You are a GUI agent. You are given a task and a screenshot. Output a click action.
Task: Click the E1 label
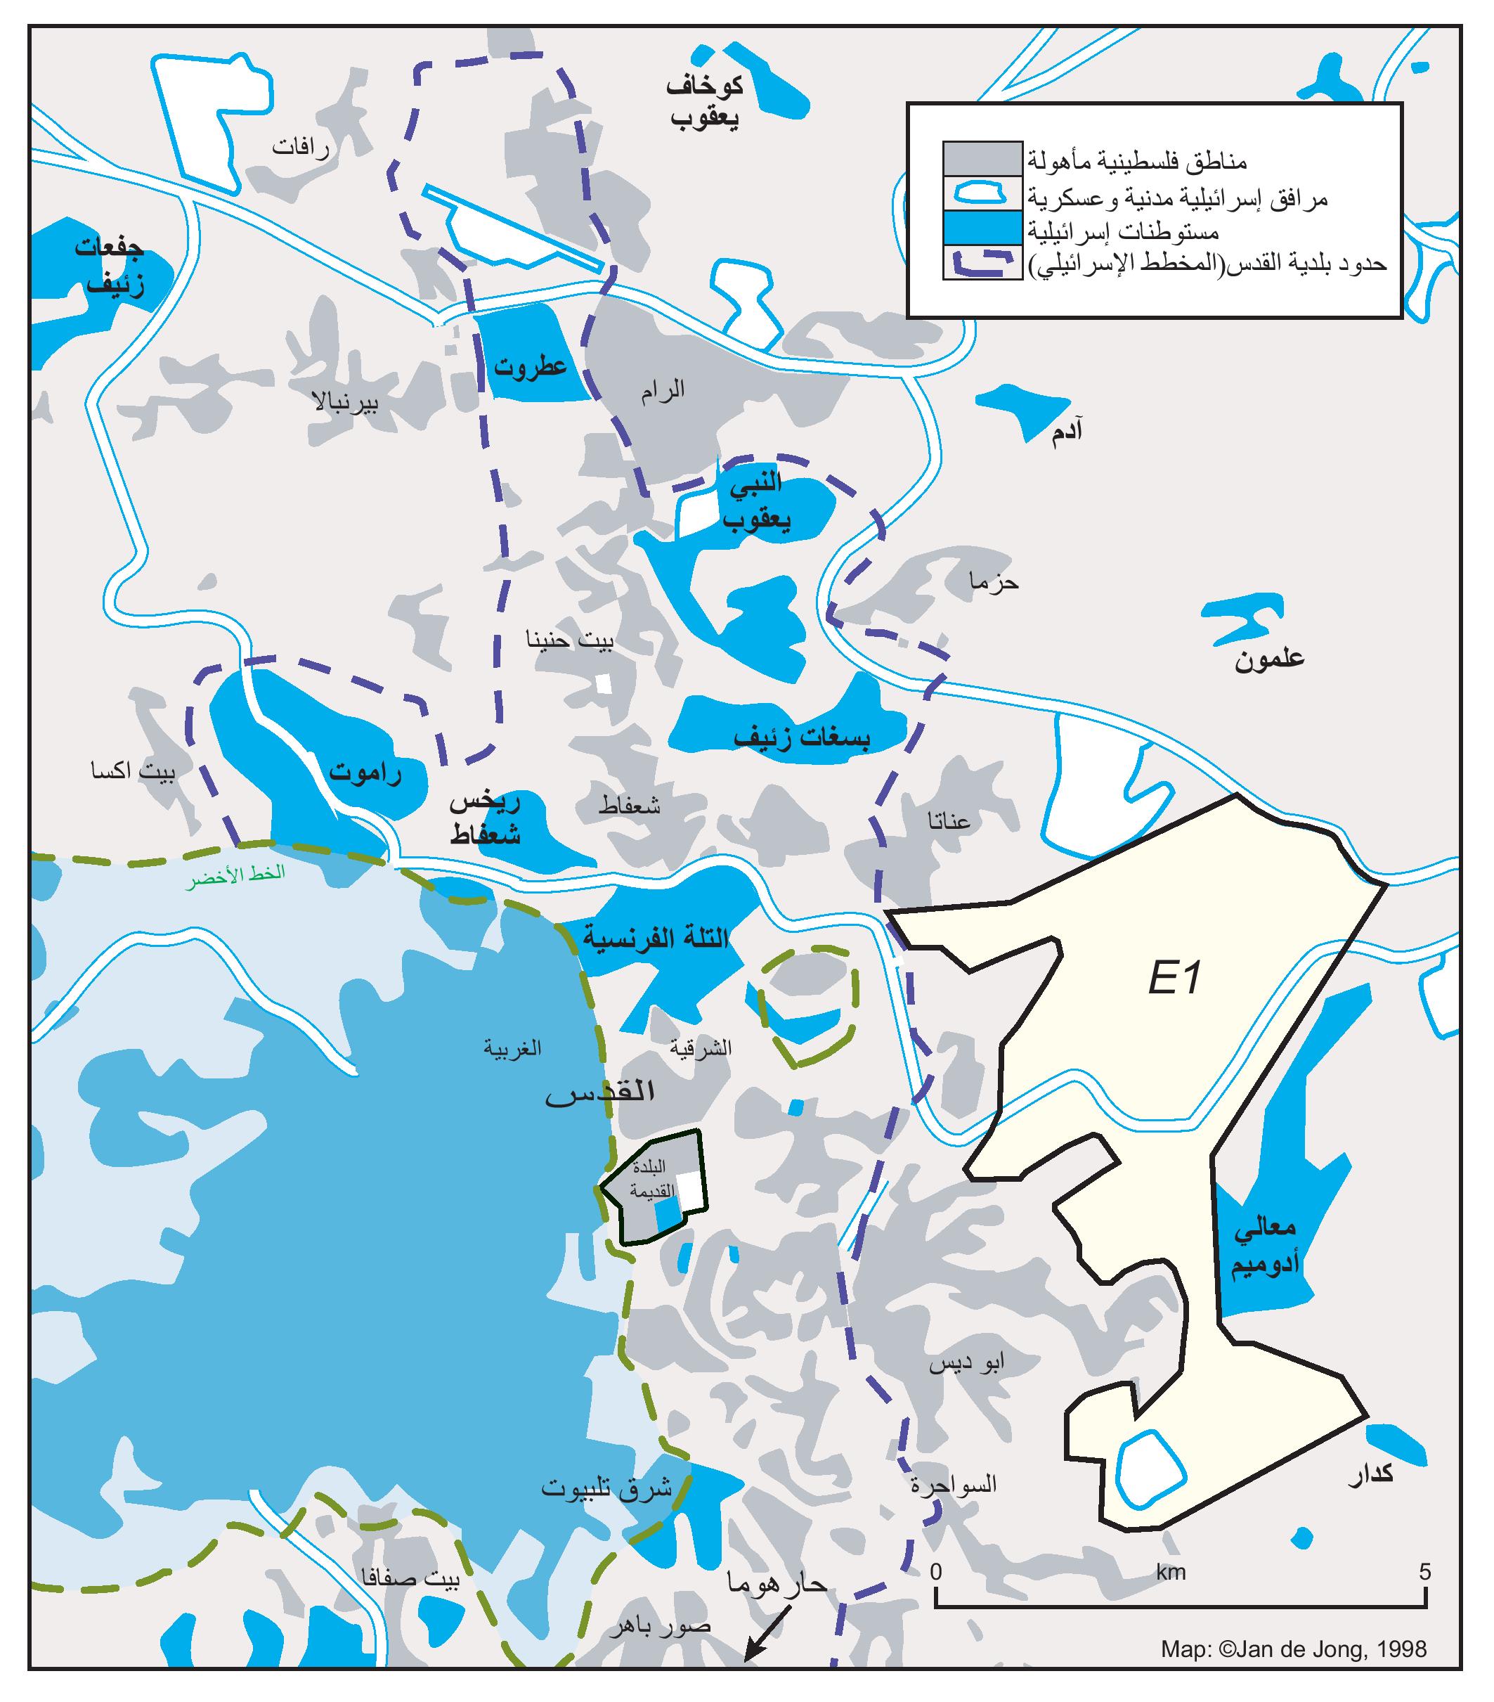click(x=1174, y=979)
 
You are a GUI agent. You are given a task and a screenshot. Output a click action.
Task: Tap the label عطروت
click(x=529, y=366)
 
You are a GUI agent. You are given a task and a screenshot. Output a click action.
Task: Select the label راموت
click(x=365, y=773)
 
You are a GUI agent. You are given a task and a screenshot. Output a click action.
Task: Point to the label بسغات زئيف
click(x=802, y=737)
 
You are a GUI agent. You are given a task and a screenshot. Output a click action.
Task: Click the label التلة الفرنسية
click(x=655, y=939)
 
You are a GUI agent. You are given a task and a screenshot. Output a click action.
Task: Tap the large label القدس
click(x=599, y=1092)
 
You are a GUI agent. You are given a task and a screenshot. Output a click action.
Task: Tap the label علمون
click(x=1268, y=659)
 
